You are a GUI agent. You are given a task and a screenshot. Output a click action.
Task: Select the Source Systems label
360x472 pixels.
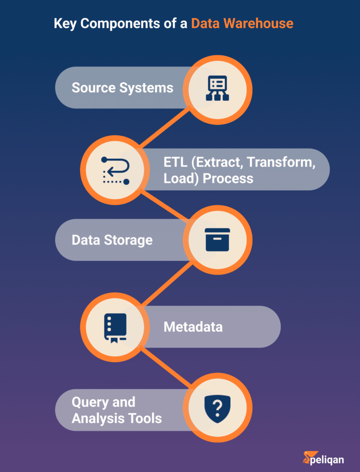[x=122, y=88]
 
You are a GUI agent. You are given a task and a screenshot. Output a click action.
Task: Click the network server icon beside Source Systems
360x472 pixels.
[x=217, y=88]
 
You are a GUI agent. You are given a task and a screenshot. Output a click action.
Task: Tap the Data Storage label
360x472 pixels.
[x=112, y=240]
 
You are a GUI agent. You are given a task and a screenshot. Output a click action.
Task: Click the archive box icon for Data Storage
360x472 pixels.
[x=217, y=240]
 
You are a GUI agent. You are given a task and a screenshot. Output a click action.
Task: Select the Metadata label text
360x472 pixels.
[x=193, y=327]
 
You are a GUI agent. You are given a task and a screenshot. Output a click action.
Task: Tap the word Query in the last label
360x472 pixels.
[x=90, y=402]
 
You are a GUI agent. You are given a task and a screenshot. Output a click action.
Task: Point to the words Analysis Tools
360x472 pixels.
[x=116, y=418]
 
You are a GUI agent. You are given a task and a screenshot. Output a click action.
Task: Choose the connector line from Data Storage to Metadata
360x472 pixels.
[x=166, y=283]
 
